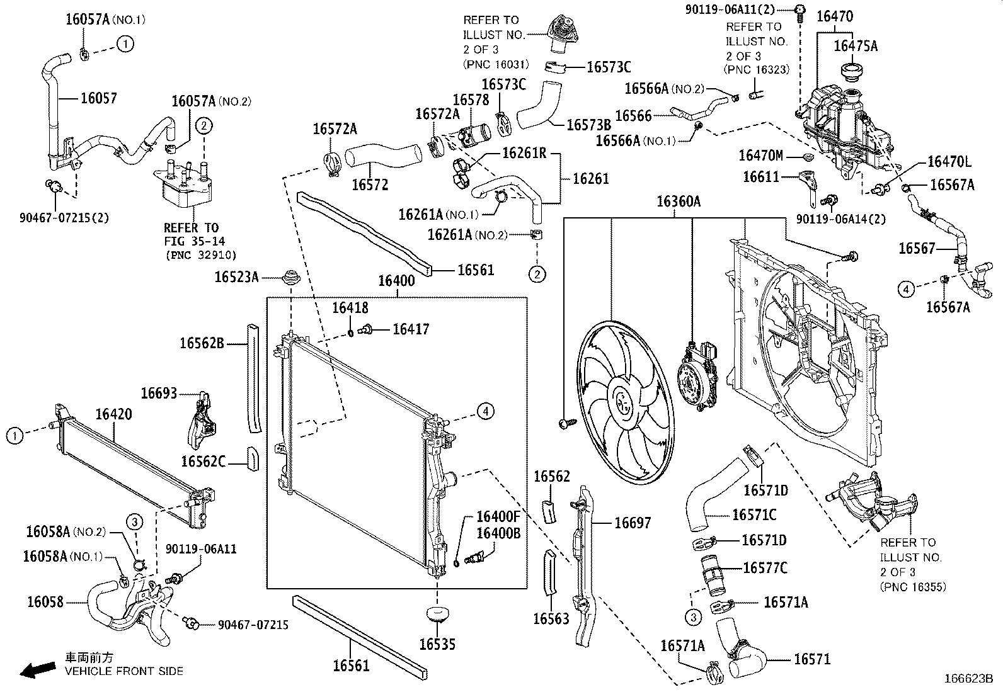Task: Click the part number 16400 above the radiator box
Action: [x=396, y=281]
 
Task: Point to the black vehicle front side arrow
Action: [x=37, y=670]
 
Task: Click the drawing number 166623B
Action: [x=968, y=679]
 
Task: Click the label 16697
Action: [x=633, y=523]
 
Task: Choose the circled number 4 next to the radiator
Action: [x=485, y=412]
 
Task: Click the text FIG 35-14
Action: [x=194, y=241]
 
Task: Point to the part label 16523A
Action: [x=236, y=277]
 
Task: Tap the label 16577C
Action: [x=765, y=568]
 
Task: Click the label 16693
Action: [x=159, y=393]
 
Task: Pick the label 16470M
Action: [x=760, y=156]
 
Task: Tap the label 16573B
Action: [x=588, y=125]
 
